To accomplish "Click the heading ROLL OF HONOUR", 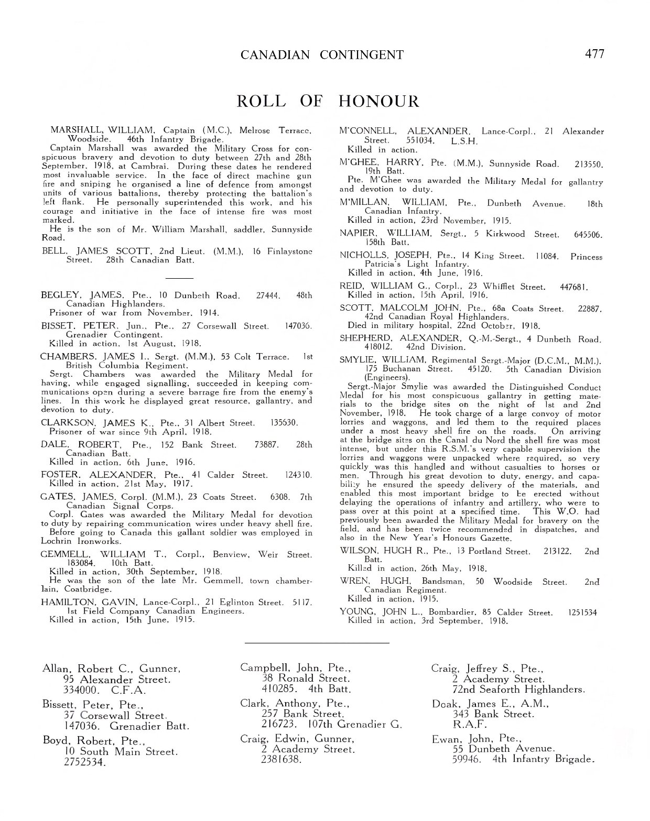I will [x=328, y=101].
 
